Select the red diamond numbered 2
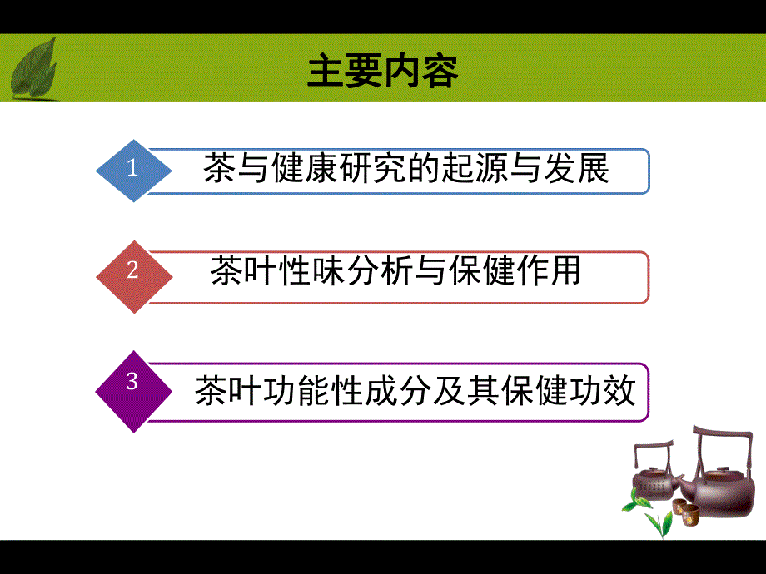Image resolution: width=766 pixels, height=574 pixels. [133, 272]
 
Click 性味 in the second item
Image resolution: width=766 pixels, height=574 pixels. [306, 272]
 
